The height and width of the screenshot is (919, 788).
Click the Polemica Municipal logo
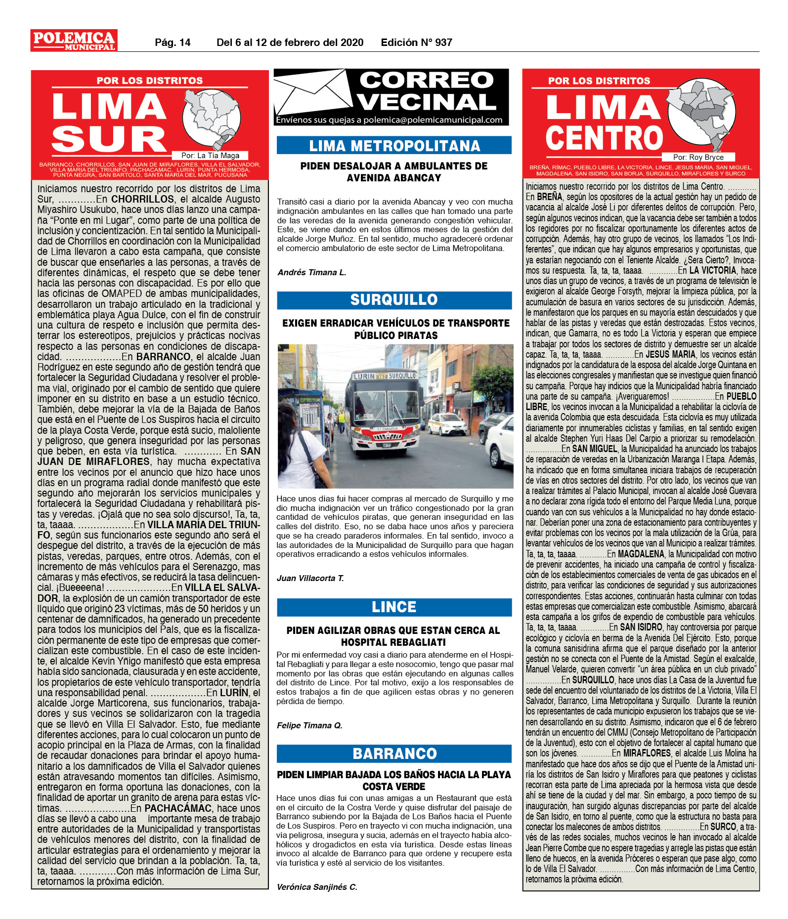click(74, 41)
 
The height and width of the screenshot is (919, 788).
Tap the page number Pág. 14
click(173, 42)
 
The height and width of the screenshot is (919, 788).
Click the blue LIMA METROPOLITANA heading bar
click(394, 145)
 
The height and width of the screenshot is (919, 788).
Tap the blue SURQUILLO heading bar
click(394, 299)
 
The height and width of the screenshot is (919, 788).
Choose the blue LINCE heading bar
click(394, 607)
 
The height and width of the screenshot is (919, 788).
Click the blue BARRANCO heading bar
click(394, 753)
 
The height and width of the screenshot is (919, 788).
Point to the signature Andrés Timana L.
click(312, 272)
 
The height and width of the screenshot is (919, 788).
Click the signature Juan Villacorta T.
click(310, 578)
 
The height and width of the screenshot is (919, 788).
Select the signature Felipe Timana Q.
click(309, 725)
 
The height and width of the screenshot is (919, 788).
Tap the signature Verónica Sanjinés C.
click(317, 887)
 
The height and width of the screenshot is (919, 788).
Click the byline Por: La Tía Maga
click(210, 156)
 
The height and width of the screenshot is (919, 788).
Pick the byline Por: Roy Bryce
click(698, 157)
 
